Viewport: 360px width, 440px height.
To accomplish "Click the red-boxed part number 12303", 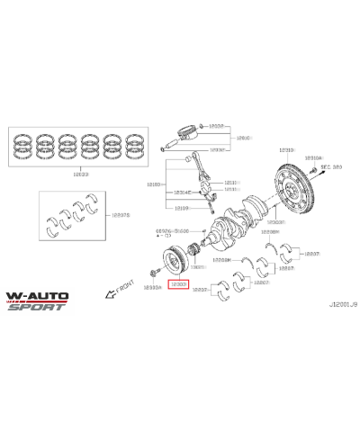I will click(179, 283).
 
